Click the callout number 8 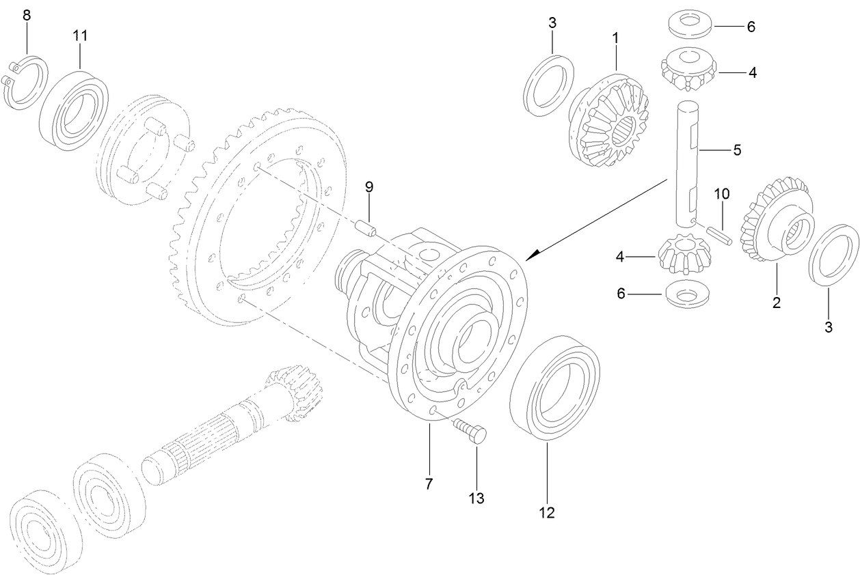tap(27, 15)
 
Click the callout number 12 tap(546, 513)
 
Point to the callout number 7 tap(429, 484)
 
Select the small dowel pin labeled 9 tap(368, 226)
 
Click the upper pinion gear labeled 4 tap(688, 70)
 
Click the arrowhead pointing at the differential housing tap(533, 255)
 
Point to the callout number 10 tap(722, 195)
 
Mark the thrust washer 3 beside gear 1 tap(548, 81)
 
